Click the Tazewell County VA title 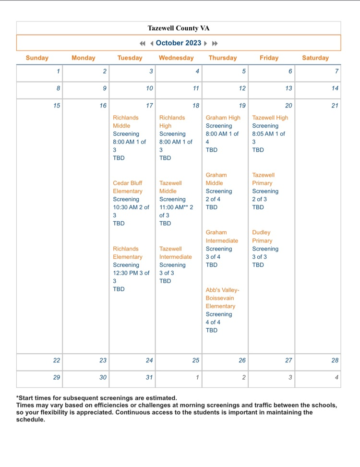pos(179,28)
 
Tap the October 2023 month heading pos(179,43)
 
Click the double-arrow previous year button pos(142,43)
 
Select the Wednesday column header pos(176,58)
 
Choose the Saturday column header pos(315,58)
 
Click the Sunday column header pos(37,58)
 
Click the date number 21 pos(335,106)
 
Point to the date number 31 pos(149,377)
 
